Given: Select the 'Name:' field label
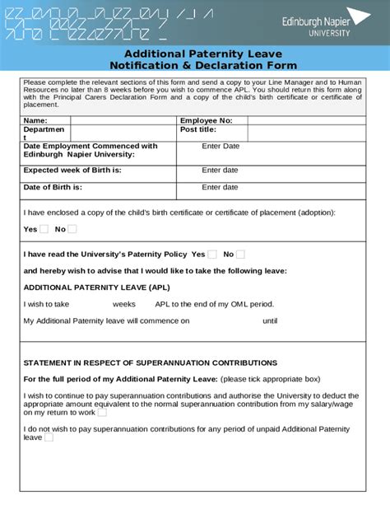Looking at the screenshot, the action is click(35, 120).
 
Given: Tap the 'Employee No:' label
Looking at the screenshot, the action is click(207, 120).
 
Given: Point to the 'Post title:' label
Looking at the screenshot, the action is click(197, 129).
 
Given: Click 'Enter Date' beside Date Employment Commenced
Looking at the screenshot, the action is click(221, 146).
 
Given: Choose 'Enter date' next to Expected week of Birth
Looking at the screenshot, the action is click(220, 170).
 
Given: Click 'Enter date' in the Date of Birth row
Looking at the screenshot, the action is click(220, 187).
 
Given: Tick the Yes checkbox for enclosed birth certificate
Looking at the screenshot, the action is click(44, 230).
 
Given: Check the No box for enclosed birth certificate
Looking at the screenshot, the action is click(72, 230).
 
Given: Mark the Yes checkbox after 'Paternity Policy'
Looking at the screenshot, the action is click(212, 255).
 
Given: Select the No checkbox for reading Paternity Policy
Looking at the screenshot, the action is click(240, 255).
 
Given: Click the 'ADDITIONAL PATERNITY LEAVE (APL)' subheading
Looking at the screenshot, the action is click(96, 288).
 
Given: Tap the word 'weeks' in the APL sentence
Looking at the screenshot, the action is click(124, 304).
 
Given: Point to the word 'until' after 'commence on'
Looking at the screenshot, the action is click(270, 321).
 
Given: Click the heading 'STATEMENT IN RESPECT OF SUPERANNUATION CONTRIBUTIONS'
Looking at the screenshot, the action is click(151, 362).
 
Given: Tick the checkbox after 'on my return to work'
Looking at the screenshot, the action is click(102, 413).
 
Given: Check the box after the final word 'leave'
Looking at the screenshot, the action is click(49, 437).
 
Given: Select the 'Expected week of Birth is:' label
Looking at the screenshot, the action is click(72, 170).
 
